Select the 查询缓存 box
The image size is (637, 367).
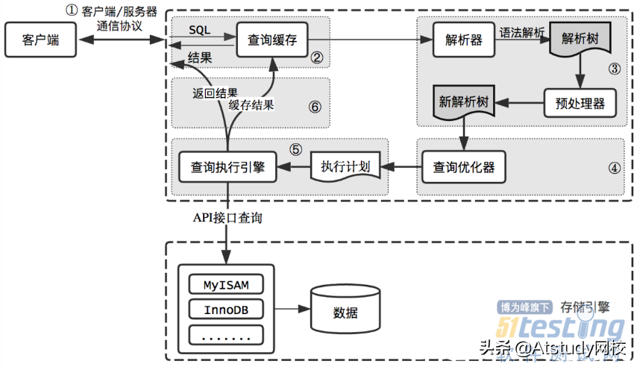(272, 40)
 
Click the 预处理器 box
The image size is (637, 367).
(580, 101)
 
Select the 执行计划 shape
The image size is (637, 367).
(345, 166)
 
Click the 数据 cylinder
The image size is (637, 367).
(345, 309)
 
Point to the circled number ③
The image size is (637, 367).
(614, 69)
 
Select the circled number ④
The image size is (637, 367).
(614, 168)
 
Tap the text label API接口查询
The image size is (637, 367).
(227, 218)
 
